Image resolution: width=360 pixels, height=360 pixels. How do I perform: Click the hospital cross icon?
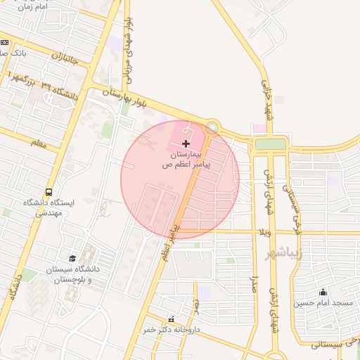click(186, 143)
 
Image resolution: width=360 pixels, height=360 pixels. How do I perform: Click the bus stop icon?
click(49, 191)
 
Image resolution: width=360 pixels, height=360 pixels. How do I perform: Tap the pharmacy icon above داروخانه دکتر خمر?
click(171, 319)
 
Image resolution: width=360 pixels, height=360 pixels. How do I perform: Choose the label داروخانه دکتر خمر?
click(172, 329)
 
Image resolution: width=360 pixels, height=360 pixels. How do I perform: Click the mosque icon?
click(323, 292)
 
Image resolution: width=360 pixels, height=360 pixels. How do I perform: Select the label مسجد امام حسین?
click(323, 303)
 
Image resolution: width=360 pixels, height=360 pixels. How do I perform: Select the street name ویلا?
click(265, 232)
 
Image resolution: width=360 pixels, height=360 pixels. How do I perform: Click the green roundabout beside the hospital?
click(212, 128)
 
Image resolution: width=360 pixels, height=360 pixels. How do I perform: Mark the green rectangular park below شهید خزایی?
click(270, 144)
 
